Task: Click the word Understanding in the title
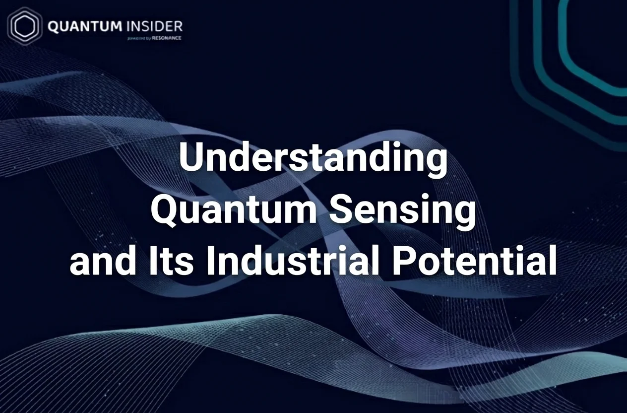(x=313, y=158)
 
